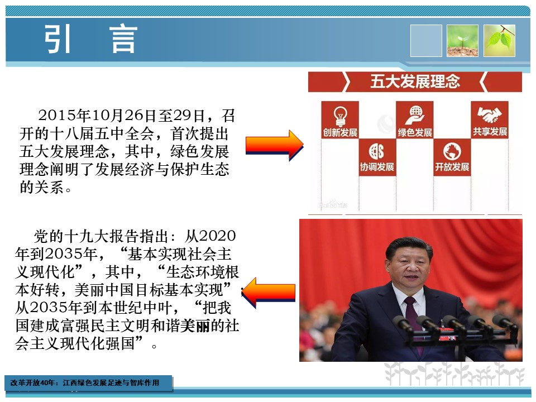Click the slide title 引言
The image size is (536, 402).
click(x=91, y=39)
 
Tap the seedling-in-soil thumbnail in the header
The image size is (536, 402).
click(x=462, y=41)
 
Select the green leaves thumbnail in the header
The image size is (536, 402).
click(x=499, y=41)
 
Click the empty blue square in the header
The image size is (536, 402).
click(x=426, y=41)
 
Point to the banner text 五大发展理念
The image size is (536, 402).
click(x=415, y=82)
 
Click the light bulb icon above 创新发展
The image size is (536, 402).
click(x=340, y=116)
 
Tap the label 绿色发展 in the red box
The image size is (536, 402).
click(x=415, y=132)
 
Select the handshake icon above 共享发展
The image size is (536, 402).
click(x=490, y=114)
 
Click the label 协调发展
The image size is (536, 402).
click(x=377, y=167)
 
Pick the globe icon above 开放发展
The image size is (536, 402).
click(x=452, y=151)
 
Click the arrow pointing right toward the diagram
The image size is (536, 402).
click(x=275, y=145)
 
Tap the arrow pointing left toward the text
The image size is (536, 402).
click(x=269, y=293)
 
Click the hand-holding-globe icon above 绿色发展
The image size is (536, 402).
click(x=415, y=115)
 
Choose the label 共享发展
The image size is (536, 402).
click(x=490, y=132)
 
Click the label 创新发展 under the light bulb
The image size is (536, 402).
click(x=340, y=133)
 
